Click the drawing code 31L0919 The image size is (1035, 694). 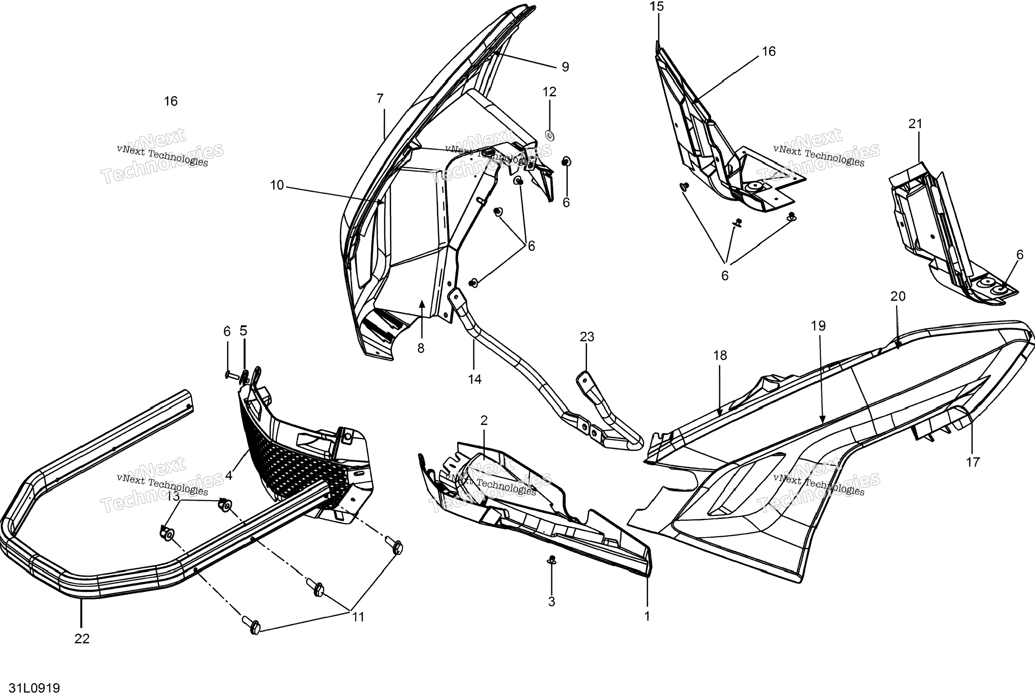34,687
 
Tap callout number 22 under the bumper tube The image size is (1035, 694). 82,639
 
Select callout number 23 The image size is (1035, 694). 587,337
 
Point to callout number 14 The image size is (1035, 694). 474,379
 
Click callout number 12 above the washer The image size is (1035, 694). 549,92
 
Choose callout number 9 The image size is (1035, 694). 565,67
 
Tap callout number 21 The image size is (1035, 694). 915,124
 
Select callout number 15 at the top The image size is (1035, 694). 657,7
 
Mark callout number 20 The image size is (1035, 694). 898,297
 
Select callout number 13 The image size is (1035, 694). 173,497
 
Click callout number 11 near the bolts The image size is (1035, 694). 358,617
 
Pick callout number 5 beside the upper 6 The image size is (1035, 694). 243,331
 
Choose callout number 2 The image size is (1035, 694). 484,421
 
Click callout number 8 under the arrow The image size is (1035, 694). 421,348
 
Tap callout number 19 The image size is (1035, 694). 818,326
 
